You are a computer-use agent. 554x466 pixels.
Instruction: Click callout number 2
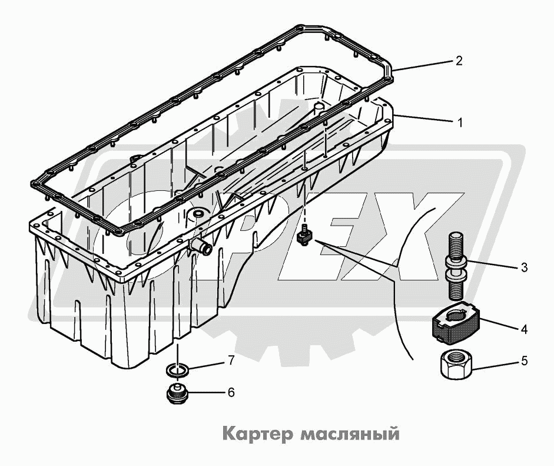(x=459, y=60)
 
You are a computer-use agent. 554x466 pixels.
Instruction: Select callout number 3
(x=524, y=267)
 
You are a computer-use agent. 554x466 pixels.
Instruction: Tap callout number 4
(x=524, y=329)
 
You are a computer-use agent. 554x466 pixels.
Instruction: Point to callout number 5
(x=524, y=361)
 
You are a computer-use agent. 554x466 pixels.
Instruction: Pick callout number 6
(x=231, y=392)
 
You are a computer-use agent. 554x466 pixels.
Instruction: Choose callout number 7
(x=231, y=361)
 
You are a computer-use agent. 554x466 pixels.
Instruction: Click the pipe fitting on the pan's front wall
(x=201, y=247)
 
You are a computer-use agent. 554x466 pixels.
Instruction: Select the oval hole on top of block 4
(x=457, y=313)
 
